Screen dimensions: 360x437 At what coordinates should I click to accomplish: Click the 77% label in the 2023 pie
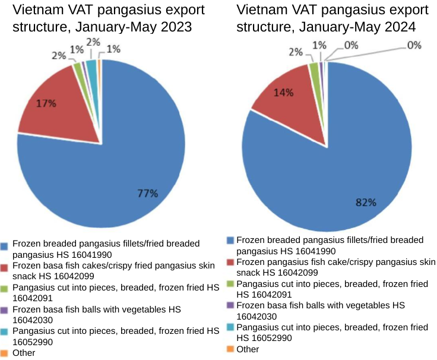pos(148,193)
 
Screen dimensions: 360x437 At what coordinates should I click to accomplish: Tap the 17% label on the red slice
pos(46,103)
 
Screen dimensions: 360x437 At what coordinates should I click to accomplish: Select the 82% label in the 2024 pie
pos(366,202)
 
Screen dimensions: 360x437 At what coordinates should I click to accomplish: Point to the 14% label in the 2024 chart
pos(283,93)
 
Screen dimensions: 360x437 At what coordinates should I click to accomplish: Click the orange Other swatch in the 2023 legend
pos(4,353)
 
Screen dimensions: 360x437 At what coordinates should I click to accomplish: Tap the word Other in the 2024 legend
pos(248,349)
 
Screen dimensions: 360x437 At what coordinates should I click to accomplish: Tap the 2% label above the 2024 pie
pos(296,52)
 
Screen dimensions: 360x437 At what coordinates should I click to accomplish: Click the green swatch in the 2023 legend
pos(4,288)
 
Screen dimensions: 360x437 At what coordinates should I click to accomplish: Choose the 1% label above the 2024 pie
pos(319,45)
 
